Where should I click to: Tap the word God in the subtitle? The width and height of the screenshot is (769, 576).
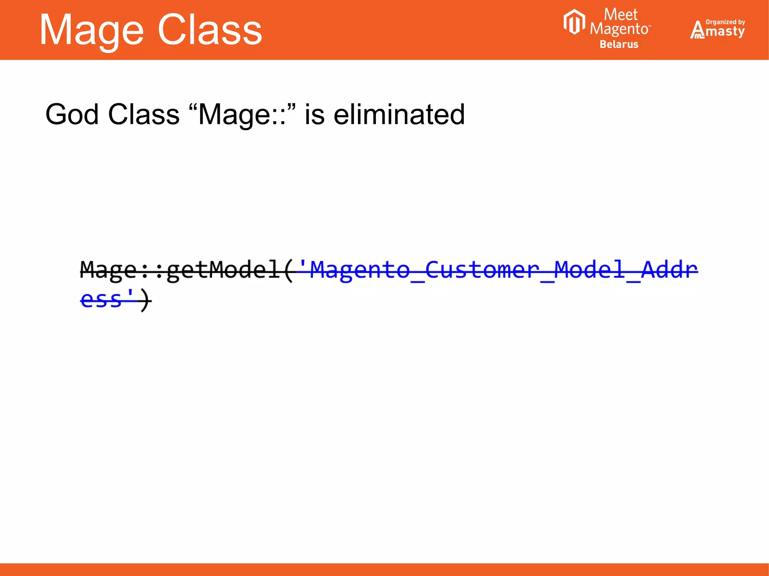pos(74,114)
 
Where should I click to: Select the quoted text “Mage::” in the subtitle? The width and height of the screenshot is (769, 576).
pos(243,114)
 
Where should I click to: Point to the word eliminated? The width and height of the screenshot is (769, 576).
pos(399,114)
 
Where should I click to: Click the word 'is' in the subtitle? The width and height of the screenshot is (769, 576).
pos(315,114)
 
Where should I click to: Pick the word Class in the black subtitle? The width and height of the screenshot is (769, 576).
pos(143,114)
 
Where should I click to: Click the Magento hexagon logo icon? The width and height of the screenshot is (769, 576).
pos(574,22)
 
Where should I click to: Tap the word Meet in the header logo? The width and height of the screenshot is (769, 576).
pos(620,15)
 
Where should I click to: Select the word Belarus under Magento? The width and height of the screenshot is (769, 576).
pos(619,44)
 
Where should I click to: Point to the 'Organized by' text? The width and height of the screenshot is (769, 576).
pos(725,22)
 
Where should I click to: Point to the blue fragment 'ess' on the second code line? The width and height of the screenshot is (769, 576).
pos(101,299)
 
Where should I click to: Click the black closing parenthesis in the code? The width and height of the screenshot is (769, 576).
pos(146,300)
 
